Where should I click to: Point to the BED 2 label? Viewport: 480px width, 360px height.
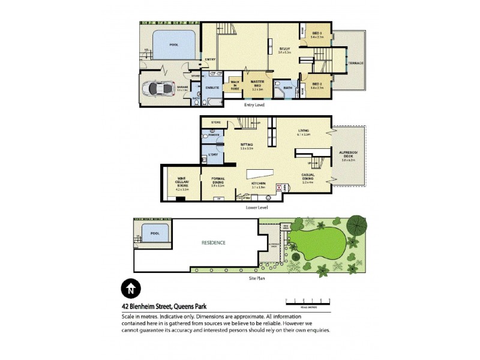pyautogui.click(x=317, y=85)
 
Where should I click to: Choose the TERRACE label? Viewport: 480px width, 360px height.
pyautogui.click(x=356, y=63)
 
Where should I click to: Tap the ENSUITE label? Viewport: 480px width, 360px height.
pyautogui.click(x=212, y=88)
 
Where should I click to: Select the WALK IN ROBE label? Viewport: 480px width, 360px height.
pyautogui.click(x=235, y=85)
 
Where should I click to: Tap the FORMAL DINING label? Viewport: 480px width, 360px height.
pyautogui.click(x=217, y=181)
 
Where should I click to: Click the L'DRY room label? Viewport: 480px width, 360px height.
pyautogui.click(x=212, y=156)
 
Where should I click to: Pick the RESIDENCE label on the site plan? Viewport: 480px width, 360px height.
pyautogui.click(x=214, y=243)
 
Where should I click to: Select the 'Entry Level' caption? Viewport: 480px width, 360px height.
pyautogui.click(x=254, y=106)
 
